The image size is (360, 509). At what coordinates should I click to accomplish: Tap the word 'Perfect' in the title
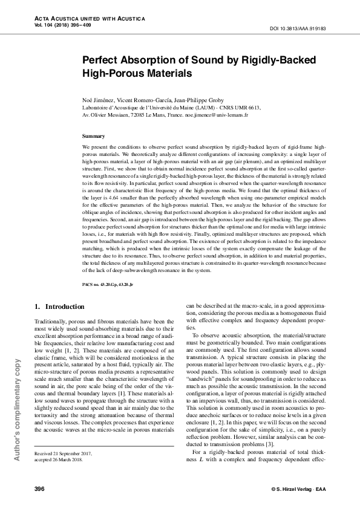pos(102,61)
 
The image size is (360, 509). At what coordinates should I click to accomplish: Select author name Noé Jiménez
pos(97,99)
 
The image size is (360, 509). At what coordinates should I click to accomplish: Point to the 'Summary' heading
pos(93,137)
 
